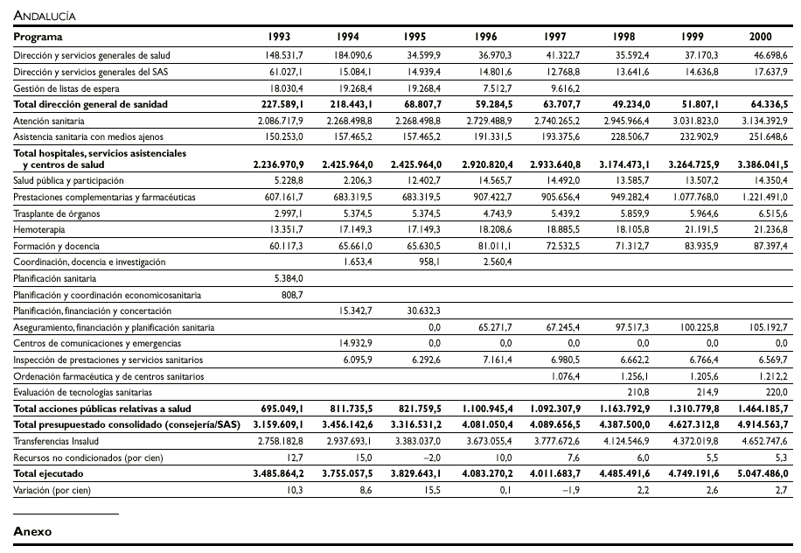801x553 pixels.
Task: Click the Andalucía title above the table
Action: pos(44,16)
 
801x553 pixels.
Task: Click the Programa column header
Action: pos(38,38)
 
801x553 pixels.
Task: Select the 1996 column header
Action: pos(485,38)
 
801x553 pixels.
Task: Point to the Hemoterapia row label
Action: pos(40,229)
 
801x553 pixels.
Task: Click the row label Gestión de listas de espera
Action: pos(66,87)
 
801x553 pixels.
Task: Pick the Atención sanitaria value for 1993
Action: pos(278,120)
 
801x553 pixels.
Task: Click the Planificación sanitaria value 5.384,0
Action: pos(288,278)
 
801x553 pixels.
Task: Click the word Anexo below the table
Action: pos(33,531)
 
